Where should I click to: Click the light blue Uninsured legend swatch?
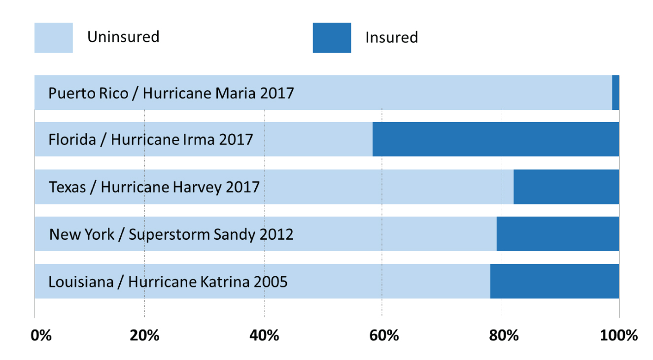53,37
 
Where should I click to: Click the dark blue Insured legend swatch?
332,37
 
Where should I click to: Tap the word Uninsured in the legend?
123,37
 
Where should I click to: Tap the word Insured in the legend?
391,37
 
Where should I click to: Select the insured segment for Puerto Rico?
616,93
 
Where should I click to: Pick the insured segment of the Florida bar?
495,139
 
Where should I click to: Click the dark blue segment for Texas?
566,187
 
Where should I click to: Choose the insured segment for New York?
557,234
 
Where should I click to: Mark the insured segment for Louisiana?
554,281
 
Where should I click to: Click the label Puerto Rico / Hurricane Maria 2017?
171,93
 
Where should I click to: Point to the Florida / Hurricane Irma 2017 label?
150,140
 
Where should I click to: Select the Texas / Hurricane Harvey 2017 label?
154,187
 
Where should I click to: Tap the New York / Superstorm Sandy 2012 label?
171,234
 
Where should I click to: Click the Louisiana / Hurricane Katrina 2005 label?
168,282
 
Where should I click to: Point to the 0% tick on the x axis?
41,336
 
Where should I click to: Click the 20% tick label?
144,336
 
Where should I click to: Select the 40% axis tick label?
265,336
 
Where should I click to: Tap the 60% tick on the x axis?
384,336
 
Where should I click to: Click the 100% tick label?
619,336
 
